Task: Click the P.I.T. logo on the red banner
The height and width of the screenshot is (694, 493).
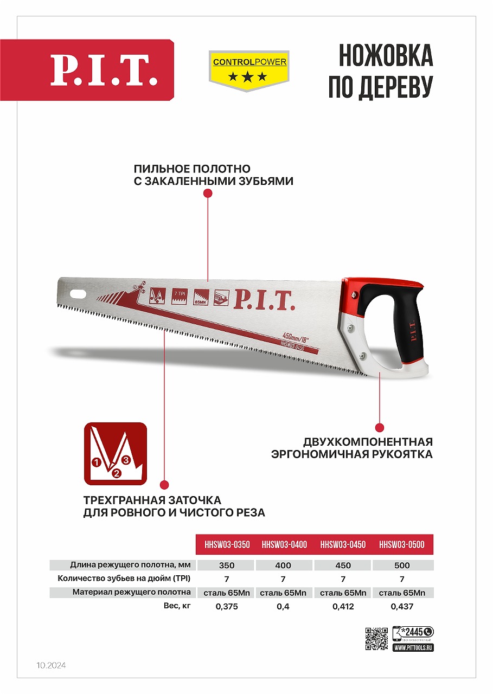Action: pos(104,70)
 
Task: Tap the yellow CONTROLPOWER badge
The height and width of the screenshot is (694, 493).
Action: pos(249,70)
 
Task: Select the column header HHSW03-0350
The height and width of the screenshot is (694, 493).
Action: pos(227,544)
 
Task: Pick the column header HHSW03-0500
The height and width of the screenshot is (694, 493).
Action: pos(402,544)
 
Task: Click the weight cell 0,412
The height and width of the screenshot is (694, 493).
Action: pos(343,607)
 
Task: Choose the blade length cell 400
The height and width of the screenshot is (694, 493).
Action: pos(284,565)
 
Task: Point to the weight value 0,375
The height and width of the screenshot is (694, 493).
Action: pos(227,607)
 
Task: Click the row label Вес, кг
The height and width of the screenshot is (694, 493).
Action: pos(177,606)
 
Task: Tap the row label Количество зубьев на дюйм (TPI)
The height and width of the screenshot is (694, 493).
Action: pos(124,579)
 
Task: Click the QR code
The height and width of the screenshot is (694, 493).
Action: pos(376,638)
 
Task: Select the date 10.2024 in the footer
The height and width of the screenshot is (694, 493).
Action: pos(51,665)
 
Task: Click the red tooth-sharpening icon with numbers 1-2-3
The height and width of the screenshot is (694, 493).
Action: pos(115,454)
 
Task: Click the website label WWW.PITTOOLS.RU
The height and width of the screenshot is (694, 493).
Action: pos(413,647)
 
